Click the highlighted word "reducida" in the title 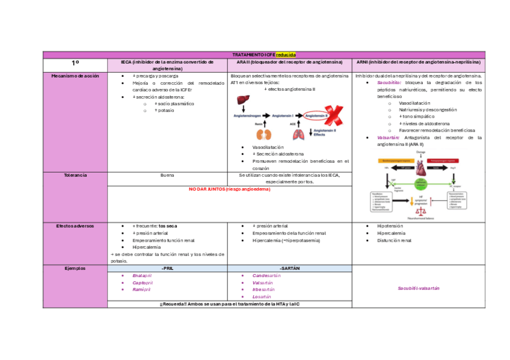286,55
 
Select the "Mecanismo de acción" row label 75,76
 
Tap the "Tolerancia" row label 75,175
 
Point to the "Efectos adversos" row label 75,225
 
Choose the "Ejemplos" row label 75,268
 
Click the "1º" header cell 75,63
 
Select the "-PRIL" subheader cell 167,268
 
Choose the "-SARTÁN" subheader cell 289,268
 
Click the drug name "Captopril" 143,282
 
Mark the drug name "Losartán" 266,296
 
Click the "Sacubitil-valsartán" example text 419,288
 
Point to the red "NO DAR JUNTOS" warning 229,189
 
